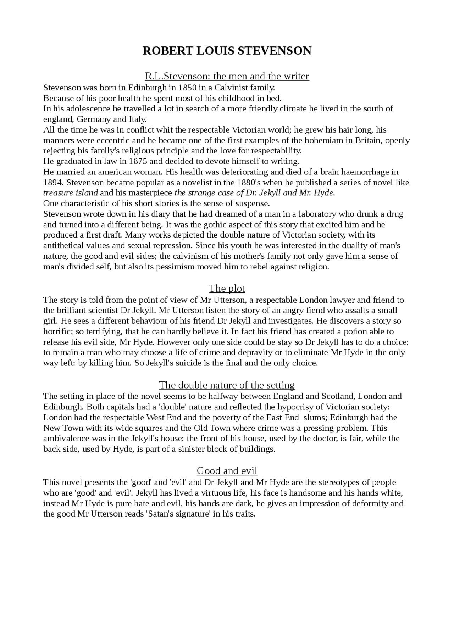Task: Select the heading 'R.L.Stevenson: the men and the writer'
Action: (227, 76)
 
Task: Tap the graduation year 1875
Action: (140, 161)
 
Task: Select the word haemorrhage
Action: (368, 172)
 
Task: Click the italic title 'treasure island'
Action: (70, 193)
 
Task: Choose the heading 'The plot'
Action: (227, 289)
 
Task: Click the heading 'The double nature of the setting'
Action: (227, 385)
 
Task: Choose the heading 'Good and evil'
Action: (227, 471)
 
